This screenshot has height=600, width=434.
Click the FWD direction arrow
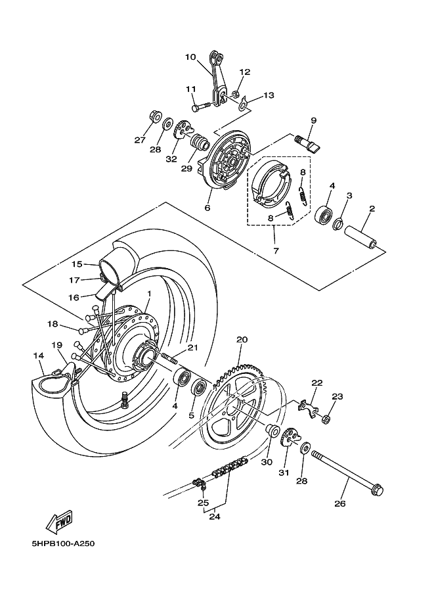(59, 522)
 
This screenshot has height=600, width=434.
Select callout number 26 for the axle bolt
(340, 504)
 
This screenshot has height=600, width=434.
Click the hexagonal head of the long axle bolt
(377, 490)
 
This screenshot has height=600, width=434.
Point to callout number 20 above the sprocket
(242, 340)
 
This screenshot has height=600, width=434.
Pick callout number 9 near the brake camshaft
(313, 120)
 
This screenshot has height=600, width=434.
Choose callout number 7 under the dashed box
(276, 250)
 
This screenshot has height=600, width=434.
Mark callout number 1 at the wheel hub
(149, 294)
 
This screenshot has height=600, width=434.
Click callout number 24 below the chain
(215, 516)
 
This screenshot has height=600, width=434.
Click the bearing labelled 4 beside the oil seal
(323, 214)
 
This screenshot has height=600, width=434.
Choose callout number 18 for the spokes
(53, 324)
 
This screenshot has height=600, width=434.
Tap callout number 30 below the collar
(267, 461)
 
